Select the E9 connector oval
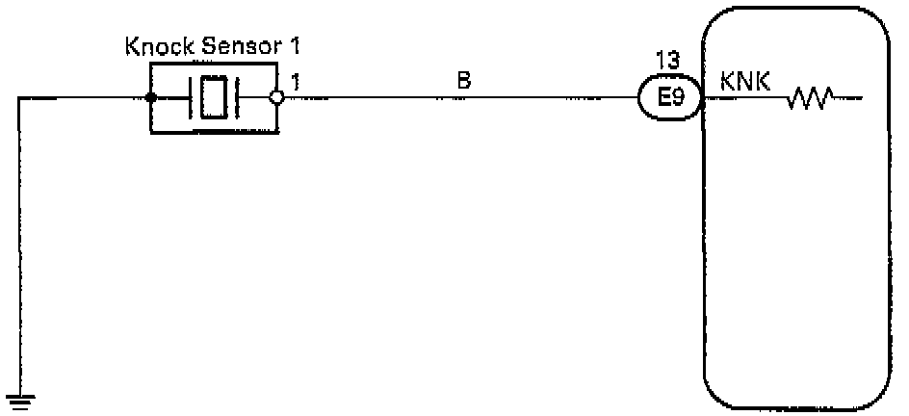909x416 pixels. click(670, 97)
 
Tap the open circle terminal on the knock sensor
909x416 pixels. click(277, 97)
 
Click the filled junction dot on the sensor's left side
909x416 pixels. click(150, 97)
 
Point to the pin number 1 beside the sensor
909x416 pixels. click(295, 84)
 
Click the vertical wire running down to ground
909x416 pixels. click(18, 241)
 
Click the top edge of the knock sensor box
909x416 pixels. click(214, 65)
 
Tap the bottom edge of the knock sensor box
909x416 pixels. click(214, 131)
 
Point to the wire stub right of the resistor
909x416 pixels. click(848, 97)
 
